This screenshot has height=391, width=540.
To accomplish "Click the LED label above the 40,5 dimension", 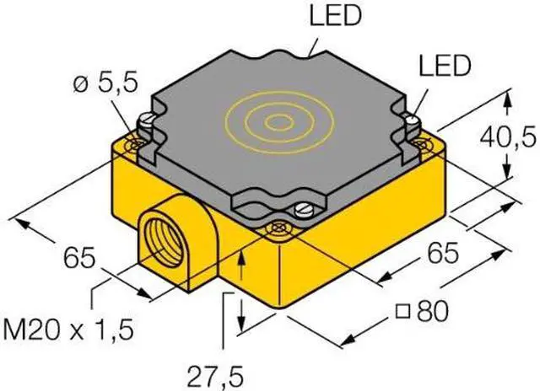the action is (445, 66).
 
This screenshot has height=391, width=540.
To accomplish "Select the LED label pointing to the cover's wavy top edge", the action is (336, 15).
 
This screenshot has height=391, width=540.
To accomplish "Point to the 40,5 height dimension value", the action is (508, 137).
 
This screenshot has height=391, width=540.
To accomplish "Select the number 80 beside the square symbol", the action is (433, 311).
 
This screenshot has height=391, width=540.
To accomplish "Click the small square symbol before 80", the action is (402, 312).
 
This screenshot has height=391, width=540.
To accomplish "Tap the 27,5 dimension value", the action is (215, 377).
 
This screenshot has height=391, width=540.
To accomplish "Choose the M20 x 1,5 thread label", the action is (67, 329).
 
